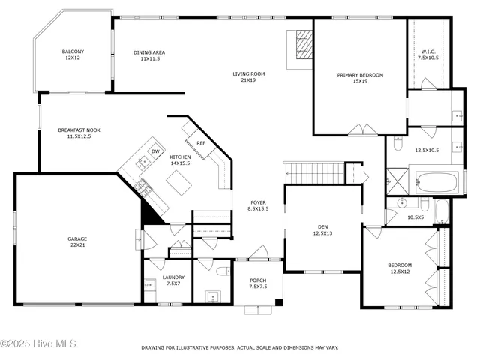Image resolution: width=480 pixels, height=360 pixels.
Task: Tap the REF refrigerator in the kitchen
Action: click(201, 142)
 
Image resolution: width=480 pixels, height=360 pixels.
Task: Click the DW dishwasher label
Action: click(155, 151)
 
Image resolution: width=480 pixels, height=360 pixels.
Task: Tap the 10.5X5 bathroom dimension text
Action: click(415, 217)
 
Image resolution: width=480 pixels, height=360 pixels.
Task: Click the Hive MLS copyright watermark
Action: click(39, 343)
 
